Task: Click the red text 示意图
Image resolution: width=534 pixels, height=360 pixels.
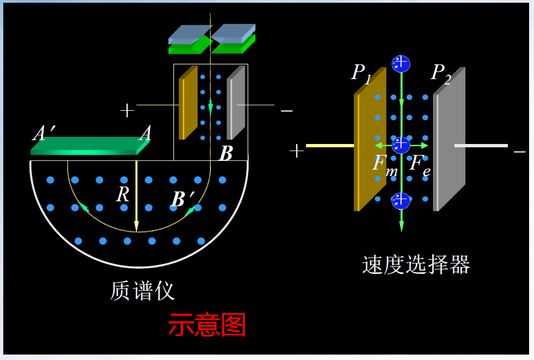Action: (207, 326)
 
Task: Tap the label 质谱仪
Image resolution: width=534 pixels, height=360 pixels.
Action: (142, 291)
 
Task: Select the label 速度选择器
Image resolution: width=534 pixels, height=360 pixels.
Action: (416, 265)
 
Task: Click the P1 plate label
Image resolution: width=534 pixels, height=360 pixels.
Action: (361, 73)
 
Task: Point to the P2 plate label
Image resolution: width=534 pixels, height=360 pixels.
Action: (441, 73)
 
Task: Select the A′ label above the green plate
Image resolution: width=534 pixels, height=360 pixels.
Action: (43, 133)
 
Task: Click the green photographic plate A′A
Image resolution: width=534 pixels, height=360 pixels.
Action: (90, 146)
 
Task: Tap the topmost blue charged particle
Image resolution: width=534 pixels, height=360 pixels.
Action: (401, 63)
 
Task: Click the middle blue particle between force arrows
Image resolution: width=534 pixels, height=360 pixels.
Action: (401, 145)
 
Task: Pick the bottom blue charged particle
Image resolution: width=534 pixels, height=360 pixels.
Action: (401, 200)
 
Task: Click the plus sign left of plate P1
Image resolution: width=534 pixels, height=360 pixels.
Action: (296, 151)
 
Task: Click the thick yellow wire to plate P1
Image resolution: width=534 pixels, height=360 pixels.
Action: (330, 146)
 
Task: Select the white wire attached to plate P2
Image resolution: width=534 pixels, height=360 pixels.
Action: (481, 146)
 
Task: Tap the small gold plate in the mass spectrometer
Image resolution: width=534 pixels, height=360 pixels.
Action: (188, 104)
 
